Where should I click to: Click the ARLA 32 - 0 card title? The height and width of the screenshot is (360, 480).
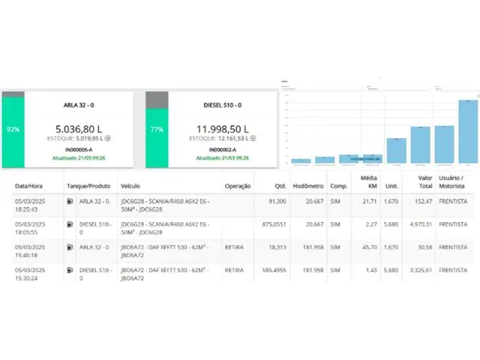(79, 105)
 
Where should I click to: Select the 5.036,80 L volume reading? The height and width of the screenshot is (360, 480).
(79, 128)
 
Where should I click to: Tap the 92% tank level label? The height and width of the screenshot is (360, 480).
(13, 129)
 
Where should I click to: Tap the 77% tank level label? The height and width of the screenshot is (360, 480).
(156, 129)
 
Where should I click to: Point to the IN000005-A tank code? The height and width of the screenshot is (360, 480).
(79, 151)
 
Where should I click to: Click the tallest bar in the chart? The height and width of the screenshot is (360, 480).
(468, 132)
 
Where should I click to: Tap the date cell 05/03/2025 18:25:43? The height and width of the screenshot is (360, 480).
(31, 205)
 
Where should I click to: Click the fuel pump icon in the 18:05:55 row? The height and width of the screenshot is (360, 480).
(70, 223)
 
